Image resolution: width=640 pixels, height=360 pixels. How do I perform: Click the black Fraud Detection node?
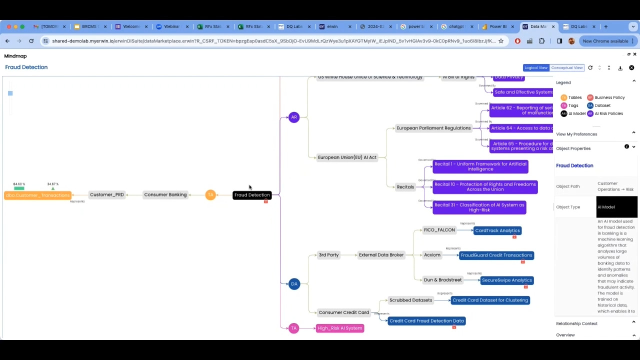tap(252, 195)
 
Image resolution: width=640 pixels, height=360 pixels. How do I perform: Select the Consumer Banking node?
tap(165, 195)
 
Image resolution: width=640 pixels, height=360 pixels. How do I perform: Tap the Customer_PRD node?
tap(107, 195)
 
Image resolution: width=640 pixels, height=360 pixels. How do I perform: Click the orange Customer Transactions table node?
tap(37, 195)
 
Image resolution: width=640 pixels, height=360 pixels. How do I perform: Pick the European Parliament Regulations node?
tap(433, 128)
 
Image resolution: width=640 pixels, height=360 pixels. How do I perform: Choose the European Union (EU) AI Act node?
tap(346, 157)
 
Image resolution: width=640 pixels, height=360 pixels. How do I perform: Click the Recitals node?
tap(405, 186)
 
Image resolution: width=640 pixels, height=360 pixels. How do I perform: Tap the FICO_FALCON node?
tap(440, 230)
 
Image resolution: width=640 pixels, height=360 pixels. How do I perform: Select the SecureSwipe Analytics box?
tap(507, 280)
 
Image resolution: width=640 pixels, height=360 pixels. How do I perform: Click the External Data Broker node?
tap(381, 255)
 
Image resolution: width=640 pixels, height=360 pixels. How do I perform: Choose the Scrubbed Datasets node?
tap(412, 300)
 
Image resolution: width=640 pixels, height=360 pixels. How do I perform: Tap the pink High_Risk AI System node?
tap(340, 328)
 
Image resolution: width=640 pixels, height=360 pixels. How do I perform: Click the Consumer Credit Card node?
tap(344, 312)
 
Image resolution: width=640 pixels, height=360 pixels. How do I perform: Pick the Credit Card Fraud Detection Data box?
tap(427, 321)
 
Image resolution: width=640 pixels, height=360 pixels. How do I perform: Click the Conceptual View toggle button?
tap(567, 68)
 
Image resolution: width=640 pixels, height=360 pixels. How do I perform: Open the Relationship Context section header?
tap(577, 323)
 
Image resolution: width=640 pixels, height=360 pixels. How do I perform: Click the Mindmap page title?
tap(16, 56)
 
